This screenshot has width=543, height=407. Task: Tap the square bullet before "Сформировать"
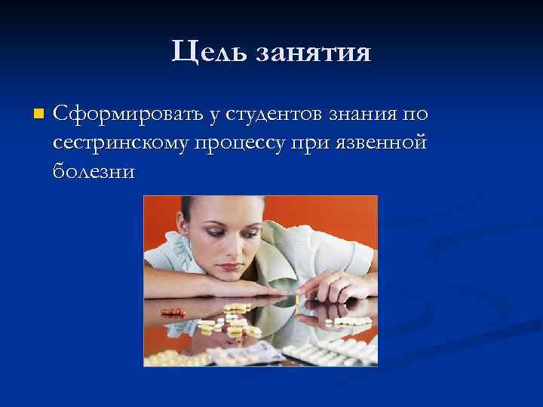(x=38, y=115)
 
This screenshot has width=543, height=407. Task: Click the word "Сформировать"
(x=128, y=114)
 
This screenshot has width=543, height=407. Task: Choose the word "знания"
(x=364, y=114)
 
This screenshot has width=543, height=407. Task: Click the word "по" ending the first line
(x=416, y=114)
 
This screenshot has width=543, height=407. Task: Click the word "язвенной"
(x=387, y=142)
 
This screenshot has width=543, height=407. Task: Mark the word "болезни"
(x=94, y=171)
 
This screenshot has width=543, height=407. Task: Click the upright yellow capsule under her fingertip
(x=298, y=301)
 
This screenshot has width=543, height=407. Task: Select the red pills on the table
(x=173, y=311)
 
